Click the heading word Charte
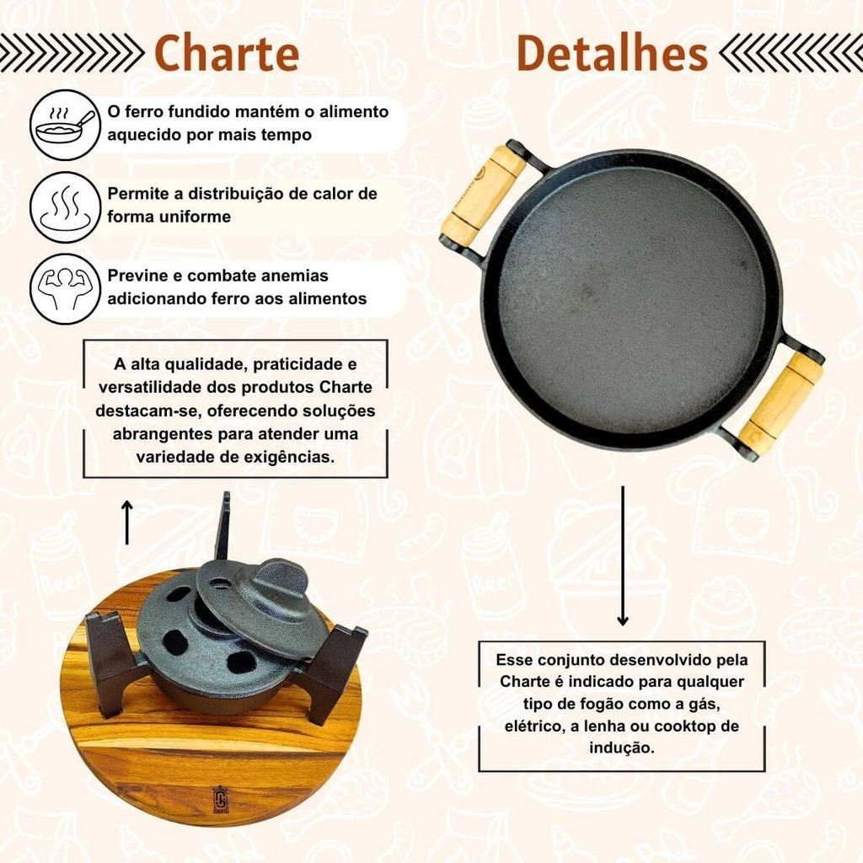(227, 53)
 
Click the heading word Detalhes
(612, 53)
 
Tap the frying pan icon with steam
(66, 126)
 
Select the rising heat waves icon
(66, 207)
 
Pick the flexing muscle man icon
(66, 289)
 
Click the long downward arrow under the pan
(623, 556)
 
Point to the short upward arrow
(127, 522)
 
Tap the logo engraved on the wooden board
(220, 799)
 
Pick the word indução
(622, 748)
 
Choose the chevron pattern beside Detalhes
(791, 53)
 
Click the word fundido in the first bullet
(199, 112)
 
